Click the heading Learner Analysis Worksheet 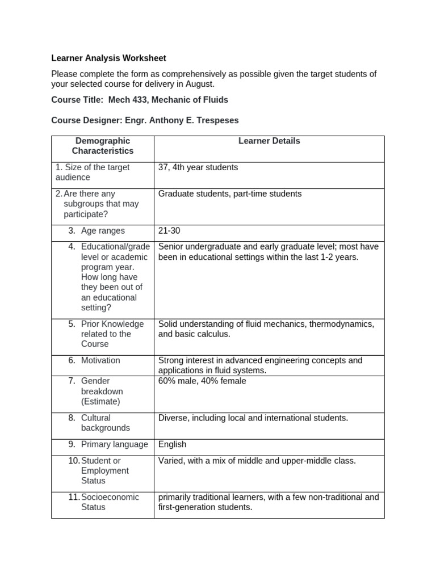(108, 58)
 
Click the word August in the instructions (200, 84)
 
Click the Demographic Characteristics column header (102, 146)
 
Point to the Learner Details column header (269, 141)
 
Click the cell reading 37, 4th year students (198, 167)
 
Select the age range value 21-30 (169, 231)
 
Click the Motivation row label (100, 360)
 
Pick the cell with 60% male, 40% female (202, 381)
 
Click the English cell (172, 444)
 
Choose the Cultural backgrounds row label (105, 423)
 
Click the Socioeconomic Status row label (110, 502)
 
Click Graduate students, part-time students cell (230, 193)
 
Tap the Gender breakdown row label (102, 391)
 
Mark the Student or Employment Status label (104, 470)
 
